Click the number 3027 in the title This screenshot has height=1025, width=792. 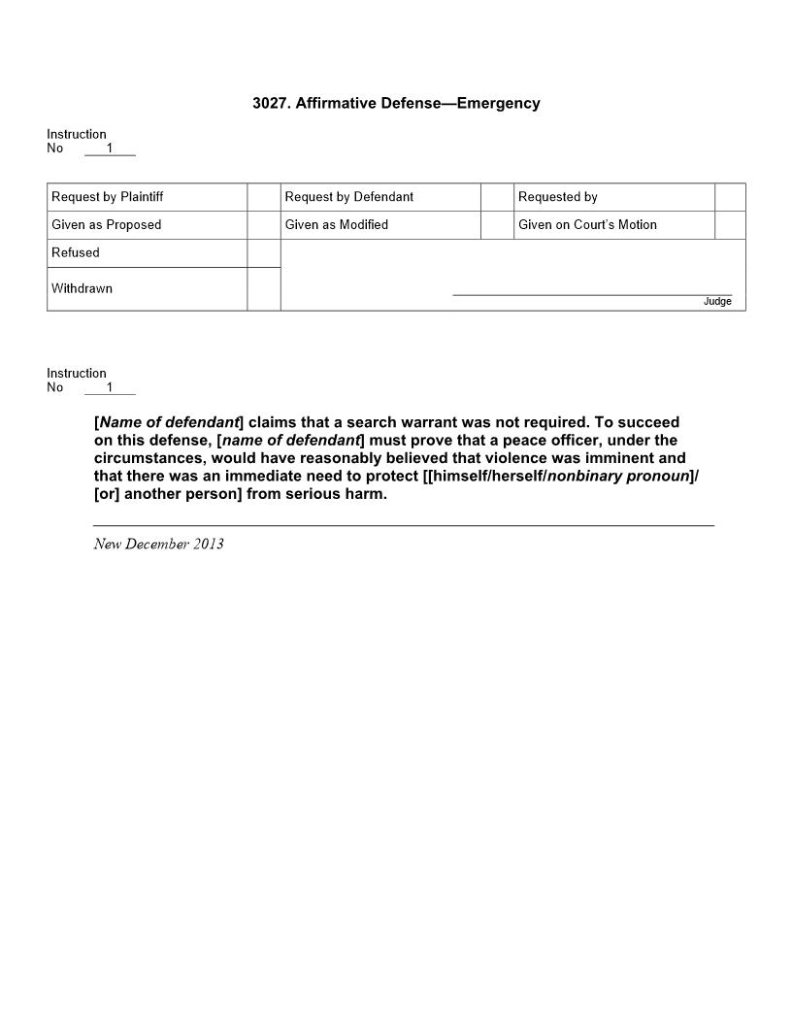tap(269, 104)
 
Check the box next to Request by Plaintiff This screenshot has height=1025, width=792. tap(264, 197)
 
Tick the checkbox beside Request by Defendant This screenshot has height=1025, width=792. tap(497, 197)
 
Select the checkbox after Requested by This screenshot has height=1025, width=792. tap(730, 197)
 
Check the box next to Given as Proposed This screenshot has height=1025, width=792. tap(264, 225)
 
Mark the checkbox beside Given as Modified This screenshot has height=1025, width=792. tap(497, 225)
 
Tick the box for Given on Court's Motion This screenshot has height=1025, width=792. tap(730, 225)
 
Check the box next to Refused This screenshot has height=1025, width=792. tap(264, 253)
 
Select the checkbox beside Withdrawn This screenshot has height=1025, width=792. tap(264, 289)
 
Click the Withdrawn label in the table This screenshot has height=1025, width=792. tap(82, 289)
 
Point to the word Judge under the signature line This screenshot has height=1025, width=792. tap(717, 302)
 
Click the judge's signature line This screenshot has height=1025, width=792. tap(592, 293)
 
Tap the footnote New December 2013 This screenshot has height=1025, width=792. tap(158, 544)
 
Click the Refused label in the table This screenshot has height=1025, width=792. tap(76, 253)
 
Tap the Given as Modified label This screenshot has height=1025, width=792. tap(337, 225)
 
